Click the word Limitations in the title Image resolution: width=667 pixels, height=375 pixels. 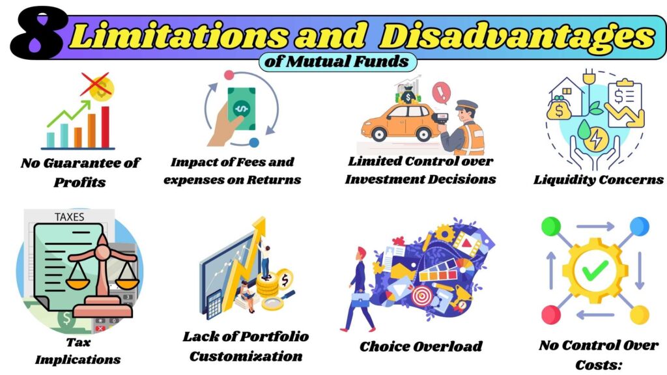click(x=173, y=36)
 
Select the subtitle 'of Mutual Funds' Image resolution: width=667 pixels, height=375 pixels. click(x=337, y=62)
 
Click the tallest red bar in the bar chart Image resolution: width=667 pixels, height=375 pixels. click(x=105, y=127)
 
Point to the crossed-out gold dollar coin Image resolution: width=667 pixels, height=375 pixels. click(x=100, y=87)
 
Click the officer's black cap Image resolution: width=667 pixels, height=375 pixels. click(x=466, y=105)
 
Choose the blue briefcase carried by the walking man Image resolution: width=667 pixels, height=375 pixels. click(x=360, y=299)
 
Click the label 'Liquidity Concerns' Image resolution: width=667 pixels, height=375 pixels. click(x=598, y=180)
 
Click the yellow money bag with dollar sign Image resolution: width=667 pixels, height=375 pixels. click(x=558, y=110)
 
